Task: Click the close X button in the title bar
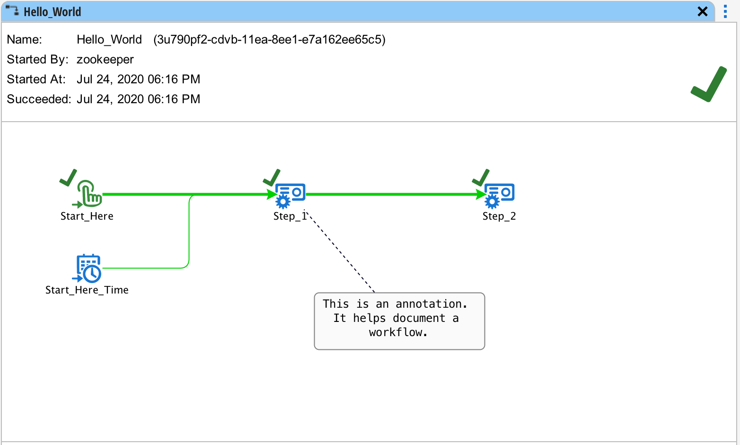[703, 11]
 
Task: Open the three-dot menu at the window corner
[725, 11]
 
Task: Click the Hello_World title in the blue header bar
[52, 12]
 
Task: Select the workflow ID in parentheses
[269, 39]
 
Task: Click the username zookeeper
[105, 59]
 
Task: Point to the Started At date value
[138, 79]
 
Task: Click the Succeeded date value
[138, 99]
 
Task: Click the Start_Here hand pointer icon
[89, 194]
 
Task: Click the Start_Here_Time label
[87, 290]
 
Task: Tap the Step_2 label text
[499, 216]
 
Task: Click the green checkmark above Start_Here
[69, 178]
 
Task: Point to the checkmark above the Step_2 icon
[481, 178]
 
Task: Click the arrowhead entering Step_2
[481, 194]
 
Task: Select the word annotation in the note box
[431, 304]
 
